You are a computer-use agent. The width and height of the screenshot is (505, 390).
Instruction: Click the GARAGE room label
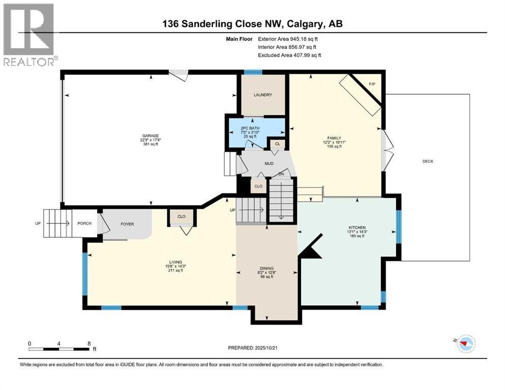[151, 136]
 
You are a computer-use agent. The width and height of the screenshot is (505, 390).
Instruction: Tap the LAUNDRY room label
[263, 95]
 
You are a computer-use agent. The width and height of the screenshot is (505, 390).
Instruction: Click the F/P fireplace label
[370, 84]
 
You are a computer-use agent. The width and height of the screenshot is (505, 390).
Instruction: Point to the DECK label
[428, 161]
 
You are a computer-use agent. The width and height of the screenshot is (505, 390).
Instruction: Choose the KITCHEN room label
[357, 227]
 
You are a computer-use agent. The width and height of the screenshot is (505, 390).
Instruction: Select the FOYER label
[127, 222]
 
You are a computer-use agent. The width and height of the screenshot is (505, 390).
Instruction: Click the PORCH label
[84, 222]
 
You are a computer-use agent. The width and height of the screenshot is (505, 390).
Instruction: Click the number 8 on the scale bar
[89, 343]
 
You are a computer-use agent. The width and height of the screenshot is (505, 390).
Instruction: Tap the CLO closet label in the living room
[182, 217]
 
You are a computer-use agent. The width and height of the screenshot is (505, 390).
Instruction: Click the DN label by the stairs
[281, 174]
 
